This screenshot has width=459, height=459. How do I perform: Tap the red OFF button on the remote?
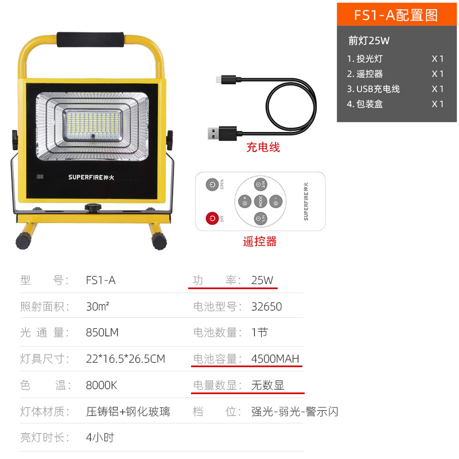pos(213,219)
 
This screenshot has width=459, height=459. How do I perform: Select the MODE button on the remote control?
pos(259,201)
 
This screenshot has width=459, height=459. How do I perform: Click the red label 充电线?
pos(263,147)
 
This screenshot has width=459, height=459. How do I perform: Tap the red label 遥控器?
pos(260,242)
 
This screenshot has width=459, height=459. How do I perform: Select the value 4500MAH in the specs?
pos(275,359)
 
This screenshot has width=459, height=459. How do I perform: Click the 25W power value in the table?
pos(262,281)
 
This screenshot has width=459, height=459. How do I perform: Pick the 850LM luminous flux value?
pos(102,333)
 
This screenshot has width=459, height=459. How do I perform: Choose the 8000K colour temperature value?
pos(102,385)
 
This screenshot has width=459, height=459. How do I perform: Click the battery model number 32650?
pos(266,306)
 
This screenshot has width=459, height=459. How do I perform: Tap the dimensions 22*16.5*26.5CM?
pos(125,359)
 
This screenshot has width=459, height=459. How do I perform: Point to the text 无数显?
pos(268,386)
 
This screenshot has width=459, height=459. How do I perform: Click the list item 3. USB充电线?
pos(374,89)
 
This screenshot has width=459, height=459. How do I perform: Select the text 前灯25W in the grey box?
pos(369,41)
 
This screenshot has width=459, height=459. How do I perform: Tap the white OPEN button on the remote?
pos(213,185)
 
